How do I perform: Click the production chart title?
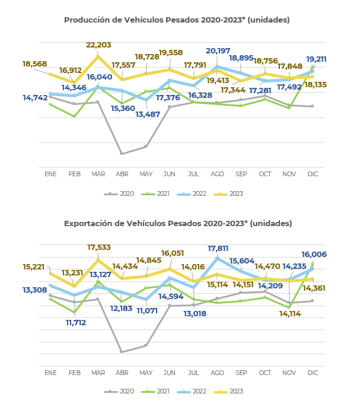pyautogui.click(x=177, y=20)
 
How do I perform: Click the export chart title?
pyautogui.click(x=178, y=224)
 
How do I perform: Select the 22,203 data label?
pyautogui.click(x=98, y=45)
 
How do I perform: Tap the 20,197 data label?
pyautogui.click(x=218, y=51)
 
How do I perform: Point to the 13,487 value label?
pyautogui.click(x=148, y=115)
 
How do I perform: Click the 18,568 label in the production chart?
pyautogui.click(x=34, y=64)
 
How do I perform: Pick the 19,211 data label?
pyautogui.click(x=316, y=59)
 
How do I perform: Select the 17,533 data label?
pyautogui.click(x=99, y=247)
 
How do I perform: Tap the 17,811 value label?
pyautogui.click(x=218, y=249)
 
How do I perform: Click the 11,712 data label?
pyautogui.click(x=76, y=323)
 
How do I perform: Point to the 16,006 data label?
pyautogui.click(x=314, y=255)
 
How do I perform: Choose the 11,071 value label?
pyautogui.click(x=147, y=311)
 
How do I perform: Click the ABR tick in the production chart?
pyautogui.click(x=122, y=174)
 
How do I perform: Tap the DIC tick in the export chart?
pyautogui.click(x=313, y=373)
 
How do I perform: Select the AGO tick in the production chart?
pyautogui.click(x=217, y=174)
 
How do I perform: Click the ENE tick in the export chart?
pyautogui.click(x=50, y=373)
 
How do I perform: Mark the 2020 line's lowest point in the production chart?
pyautogui.click(x=122, y=154)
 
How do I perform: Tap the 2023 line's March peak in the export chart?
pyautogui.click(x=98, y=260)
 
